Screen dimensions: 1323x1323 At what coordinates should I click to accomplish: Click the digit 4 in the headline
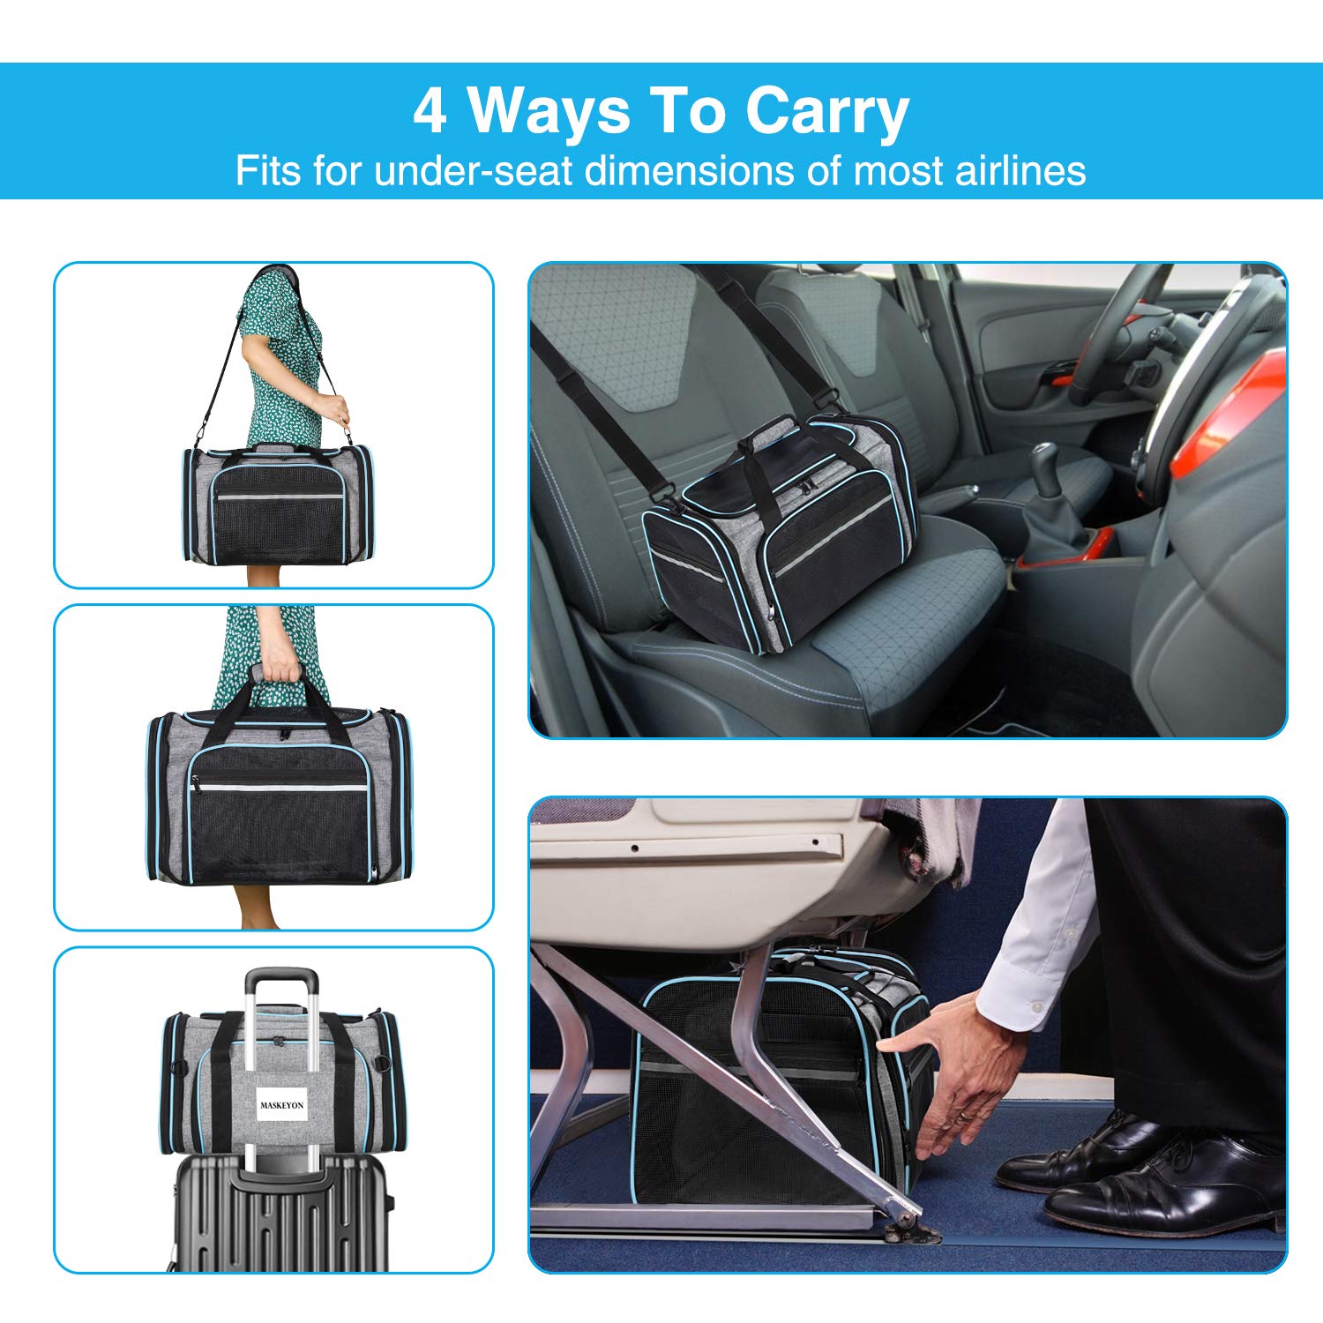[430, 112]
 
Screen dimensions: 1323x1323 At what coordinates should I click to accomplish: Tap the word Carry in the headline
[826, 112]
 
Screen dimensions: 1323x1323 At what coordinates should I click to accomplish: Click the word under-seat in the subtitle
[474, 170]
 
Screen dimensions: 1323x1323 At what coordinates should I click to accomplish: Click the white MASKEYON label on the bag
[282, 1104]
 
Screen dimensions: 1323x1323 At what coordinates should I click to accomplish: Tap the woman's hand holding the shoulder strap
[333, 408]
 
